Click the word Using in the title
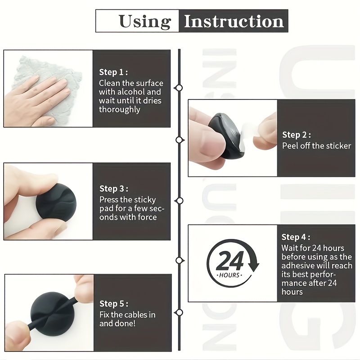click(x=145, y=22)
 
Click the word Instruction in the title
click(x=234, y=21)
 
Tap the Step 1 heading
click(x=113, y=72)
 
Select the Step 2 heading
click(x=297, y=135)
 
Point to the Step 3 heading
click(x=114, y=189)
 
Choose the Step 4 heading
click(x=296, y=237)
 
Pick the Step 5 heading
click(x=114, y=303)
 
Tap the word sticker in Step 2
click(x=338, y=146)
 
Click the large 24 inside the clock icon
click(x=230, y=261)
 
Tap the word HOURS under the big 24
click(x=229, y=275)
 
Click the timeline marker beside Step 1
click(x=179, y=88)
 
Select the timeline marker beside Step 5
click(x=179, y=312)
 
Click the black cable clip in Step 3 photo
click(x=56, y=202)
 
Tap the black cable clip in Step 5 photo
click(x=53, y=314)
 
